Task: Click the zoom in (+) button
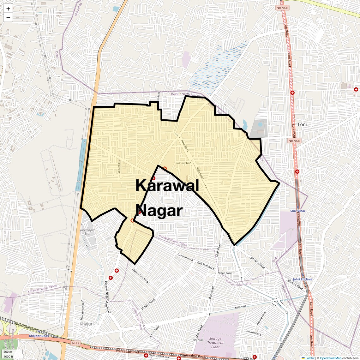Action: click(x=8, y=9)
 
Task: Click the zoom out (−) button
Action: click(x=8, y=18)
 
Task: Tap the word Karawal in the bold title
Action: click(x=167, y=185)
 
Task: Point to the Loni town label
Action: click(x=302, y=124)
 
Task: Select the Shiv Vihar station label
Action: click(x=298, y=211)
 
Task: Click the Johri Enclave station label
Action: click(x=302, y=279)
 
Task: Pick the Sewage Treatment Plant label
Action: click(x=215, y=343)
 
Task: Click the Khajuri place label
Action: click(x=87, y=324)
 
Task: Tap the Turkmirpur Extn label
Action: click(x=87, y=232)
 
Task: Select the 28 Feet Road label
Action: click(x=119, y=166)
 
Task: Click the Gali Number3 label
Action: click(x=183, y=163)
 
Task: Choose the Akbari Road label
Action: click(x=225, y=273)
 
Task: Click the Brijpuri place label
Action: click(x=198, y=340)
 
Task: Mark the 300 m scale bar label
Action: click(x=8, y=352)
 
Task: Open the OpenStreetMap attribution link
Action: click(x=330, y=358)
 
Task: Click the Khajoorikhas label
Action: click(x=39, y=336)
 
